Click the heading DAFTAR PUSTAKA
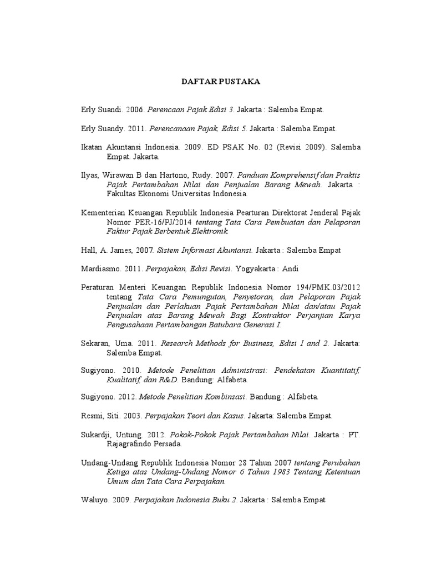tap(221, 82)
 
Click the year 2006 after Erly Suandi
tap(135, 110)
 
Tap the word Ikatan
tap(92, 147)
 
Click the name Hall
tap(88, 251)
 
